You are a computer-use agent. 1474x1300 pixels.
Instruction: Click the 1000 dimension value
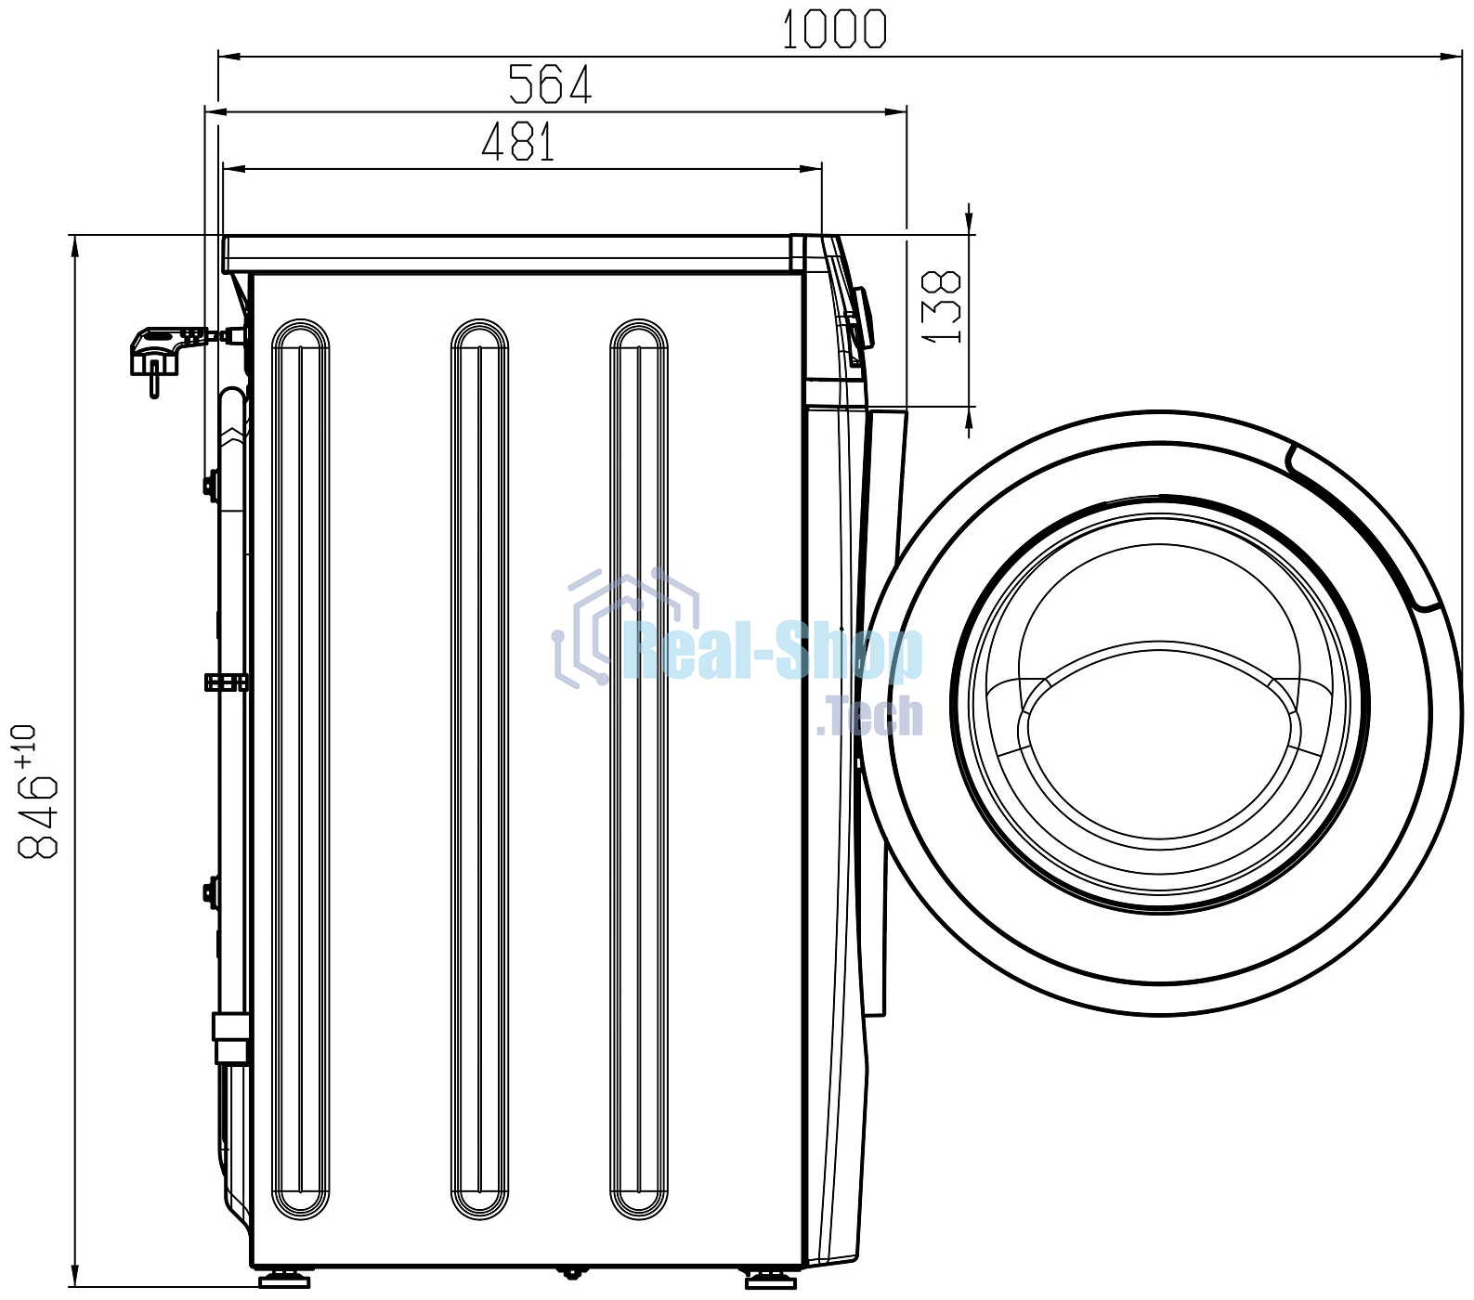point(834,29)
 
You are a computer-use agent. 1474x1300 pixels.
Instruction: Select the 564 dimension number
point(550,84)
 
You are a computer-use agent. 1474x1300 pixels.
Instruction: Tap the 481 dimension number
point(518,142)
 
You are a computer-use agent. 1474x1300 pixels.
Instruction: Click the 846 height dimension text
point(38,815)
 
